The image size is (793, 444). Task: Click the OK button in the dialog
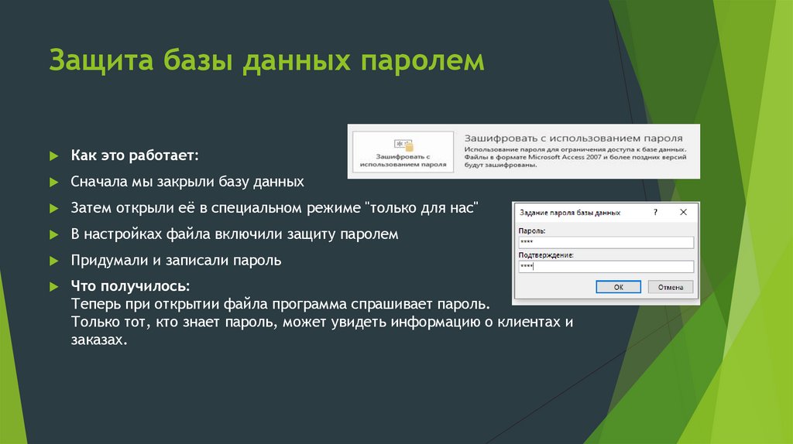[x=618, y=286]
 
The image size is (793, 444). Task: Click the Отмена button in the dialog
[x=670, y=286]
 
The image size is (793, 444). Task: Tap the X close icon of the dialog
[x=683, y=211]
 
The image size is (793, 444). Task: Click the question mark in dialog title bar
[x=656, y=211]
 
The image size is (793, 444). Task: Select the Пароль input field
[x=606, y=242]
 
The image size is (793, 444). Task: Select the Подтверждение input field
[x=606, y=266]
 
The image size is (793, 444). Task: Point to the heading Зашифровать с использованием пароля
[x=573, y=132]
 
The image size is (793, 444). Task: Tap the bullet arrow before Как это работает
[x=54, y=156]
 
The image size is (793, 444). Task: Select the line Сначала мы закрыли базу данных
[x=187, y=183]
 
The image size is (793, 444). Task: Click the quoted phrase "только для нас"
[x=421, y=209]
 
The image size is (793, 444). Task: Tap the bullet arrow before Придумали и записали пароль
[x=54, y=261]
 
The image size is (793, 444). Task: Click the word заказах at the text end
[x=96, y=339]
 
